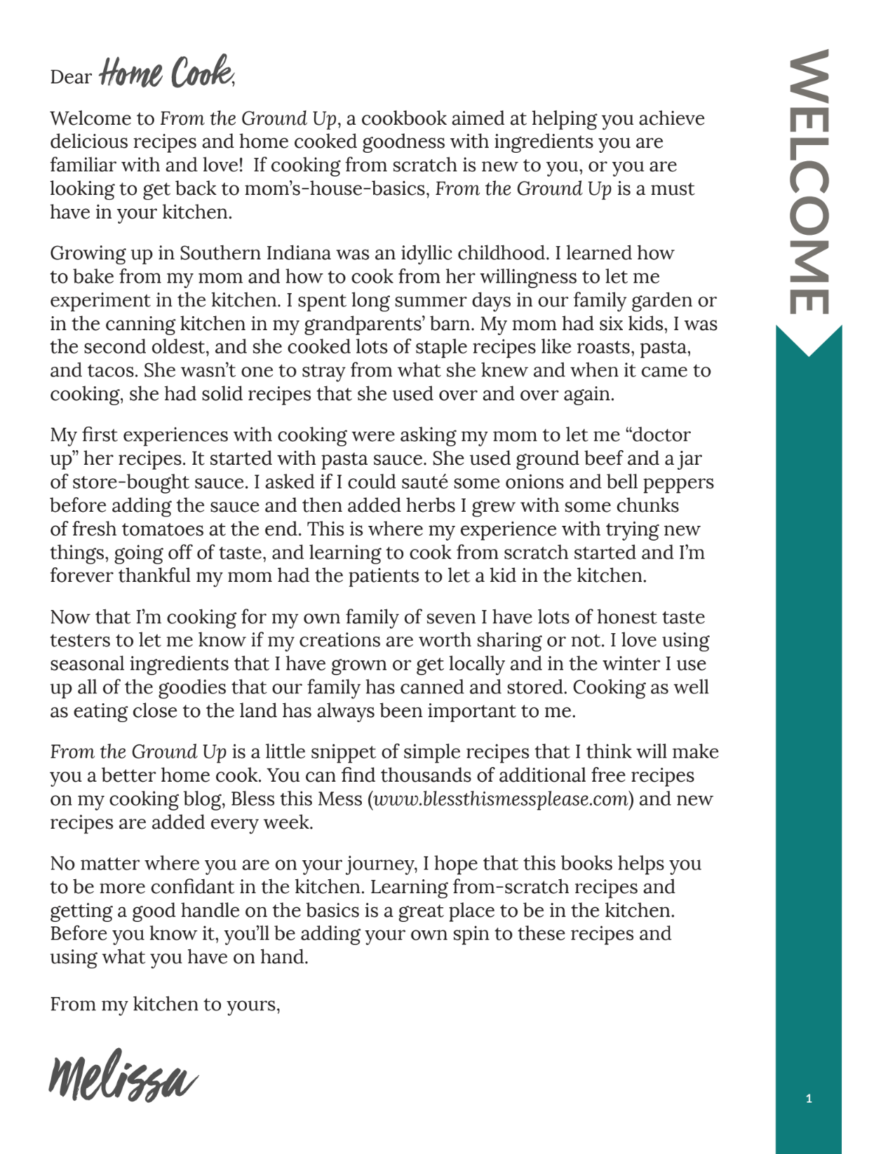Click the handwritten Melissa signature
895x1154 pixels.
point(122,1076)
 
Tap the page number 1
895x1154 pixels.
point(809,1099)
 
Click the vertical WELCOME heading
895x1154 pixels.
point(809,181)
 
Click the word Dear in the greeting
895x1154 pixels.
point(70,76)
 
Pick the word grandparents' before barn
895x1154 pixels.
point(361,324)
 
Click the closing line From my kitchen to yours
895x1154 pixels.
point(165,1005)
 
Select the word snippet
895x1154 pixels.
point(346,752)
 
